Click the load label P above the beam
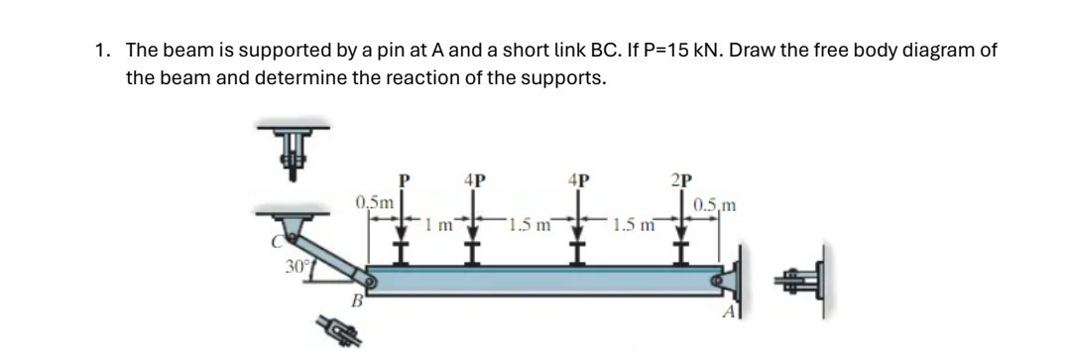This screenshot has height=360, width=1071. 403,181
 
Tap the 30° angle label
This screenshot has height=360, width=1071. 296,267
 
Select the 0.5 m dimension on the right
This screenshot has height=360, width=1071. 715,206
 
